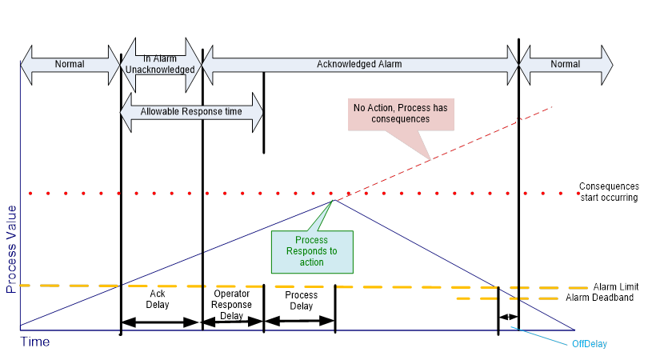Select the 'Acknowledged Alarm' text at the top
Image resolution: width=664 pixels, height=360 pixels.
coord(358,63)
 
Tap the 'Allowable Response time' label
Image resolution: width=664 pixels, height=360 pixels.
coord(191,111)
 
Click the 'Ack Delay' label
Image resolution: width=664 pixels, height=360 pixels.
coord(158,298)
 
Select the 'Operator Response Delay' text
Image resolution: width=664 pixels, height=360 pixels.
coord(232,304)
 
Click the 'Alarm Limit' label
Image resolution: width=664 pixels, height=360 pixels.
coord(617,286)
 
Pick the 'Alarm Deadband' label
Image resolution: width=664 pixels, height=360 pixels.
coord(611,297)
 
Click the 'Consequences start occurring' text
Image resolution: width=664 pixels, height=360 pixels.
coord(609,192)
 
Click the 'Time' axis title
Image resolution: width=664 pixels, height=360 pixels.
coord(34,342)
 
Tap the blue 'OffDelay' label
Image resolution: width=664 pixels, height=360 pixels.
coord(591,344)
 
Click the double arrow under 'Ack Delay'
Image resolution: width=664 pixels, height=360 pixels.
coord(159,322)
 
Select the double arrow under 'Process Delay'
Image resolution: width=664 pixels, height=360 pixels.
coord(298,322)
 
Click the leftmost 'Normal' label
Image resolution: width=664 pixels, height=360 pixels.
coord(69,63)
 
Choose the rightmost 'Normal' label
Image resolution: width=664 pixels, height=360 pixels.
coord(566,63)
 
